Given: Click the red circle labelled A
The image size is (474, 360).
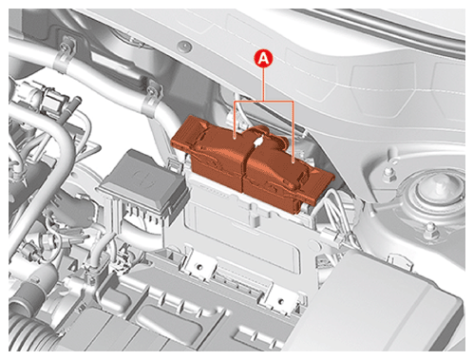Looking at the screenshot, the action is [x=264, y=59].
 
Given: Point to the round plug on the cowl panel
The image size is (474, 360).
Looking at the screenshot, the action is [x=185, y=46].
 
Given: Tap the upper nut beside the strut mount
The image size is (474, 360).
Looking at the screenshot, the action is [x=389, y=173].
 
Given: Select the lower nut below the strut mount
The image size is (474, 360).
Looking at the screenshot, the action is [x=430, y=231].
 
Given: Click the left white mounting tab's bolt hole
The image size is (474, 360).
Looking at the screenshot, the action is [x=199, y=266].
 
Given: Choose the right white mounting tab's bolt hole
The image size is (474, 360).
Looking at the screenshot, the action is [x=281, y=300].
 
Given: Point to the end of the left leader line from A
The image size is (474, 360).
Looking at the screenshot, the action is [x=234, y=138].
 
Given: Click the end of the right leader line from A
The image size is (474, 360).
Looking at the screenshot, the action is [x=294, y=161].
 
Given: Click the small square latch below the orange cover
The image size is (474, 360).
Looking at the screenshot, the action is [x=254, y=218].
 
